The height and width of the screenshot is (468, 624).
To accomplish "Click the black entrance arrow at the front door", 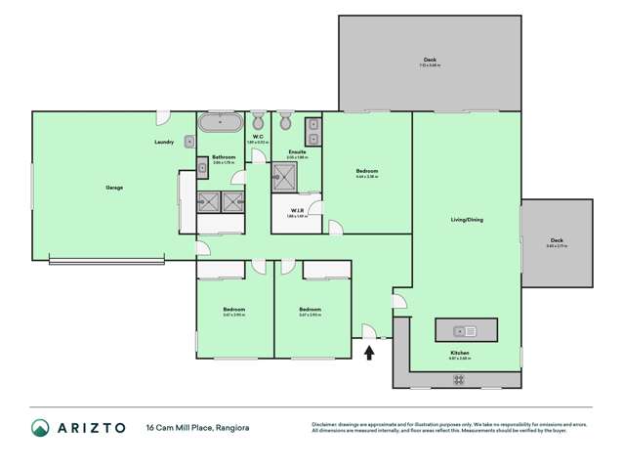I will pos(369,351).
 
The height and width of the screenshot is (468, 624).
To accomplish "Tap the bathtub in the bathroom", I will pos(221,123).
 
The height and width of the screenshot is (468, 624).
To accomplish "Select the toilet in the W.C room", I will pos(258,122).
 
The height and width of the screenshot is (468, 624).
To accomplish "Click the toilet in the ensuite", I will pos(285,122).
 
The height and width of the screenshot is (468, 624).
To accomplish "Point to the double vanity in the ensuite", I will pos(313,130).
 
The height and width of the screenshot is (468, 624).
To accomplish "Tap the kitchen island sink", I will pos(466,330).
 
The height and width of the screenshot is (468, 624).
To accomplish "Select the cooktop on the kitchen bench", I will pos(459,379).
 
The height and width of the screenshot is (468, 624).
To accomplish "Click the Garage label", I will pos(114,187).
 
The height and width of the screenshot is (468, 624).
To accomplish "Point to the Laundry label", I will pos(164,142).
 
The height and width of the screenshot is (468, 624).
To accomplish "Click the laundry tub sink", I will pos(189,142).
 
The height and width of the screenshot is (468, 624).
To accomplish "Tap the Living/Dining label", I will pos(466,220).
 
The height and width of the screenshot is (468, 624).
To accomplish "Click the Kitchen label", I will pos(459,353).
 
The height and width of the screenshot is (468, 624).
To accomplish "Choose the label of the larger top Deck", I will pos(430,60).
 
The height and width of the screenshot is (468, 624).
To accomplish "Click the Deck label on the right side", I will pos(556,240).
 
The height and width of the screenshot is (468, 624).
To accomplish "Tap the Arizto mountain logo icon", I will pos(40,428).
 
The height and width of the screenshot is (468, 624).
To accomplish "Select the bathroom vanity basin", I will pos(202,168).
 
